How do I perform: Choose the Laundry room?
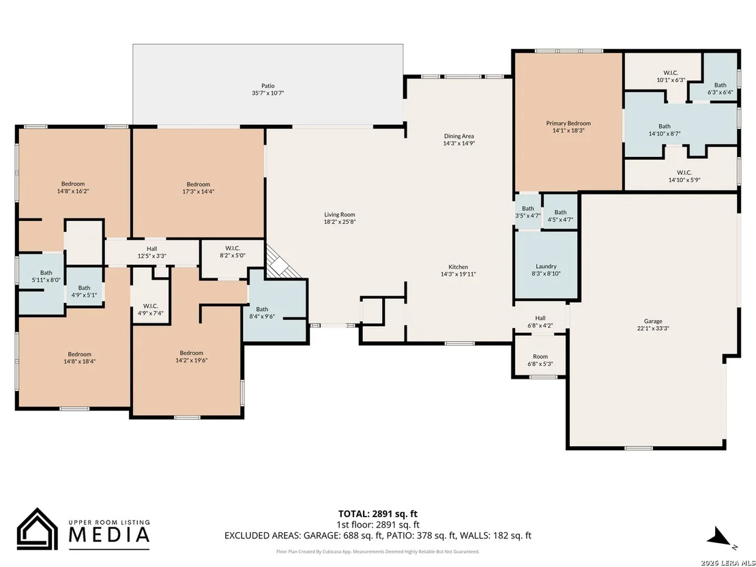point(547,265)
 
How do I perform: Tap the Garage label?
point(653,321)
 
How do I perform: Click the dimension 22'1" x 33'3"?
point(653,328)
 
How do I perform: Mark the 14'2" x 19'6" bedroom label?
point(192,356)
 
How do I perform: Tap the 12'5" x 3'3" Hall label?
point(152,252)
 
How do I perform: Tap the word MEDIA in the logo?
point(109,535)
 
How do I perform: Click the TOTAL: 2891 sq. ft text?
point(377,514)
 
